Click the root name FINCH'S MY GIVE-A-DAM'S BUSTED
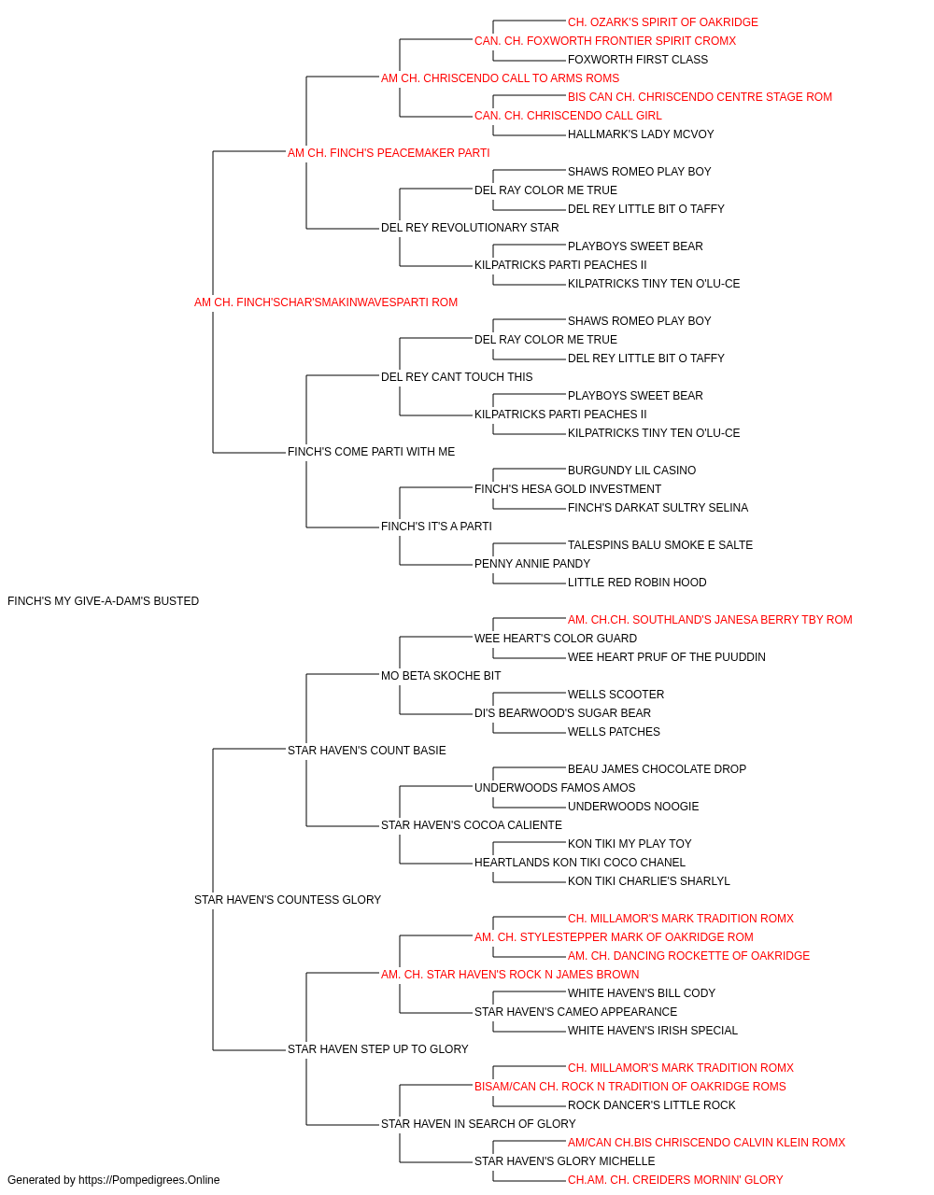[103, 600]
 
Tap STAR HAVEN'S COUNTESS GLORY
[287, 899]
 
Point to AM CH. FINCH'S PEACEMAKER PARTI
[389, 153]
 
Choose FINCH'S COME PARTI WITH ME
[371, 452]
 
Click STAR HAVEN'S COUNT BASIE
[366, 750]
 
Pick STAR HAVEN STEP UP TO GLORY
[377, 1048]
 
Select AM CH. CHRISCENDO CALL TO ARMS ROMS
[500, 78]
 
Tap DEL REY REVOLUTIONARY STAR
[470, 227]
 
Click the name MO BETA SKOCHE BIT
[441, 675]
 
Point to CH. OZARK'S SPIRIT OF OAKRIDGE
[662, 22]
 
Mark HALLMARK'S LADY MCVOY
[641, 134]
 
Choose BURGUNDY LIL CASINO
[631, 471]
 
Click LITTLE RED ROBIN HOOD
[636, 582]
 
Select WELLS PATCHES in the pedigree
[614, 731]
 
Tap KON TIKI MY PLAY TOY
[630, 844]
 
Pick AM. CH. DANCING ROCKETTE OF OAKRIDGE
[688, 955]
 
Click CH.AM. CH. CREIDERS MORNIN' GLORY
[675, 1180]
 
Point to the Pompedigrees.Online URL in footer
[149, 1180]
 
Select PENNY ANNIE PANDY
[531, 563]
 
